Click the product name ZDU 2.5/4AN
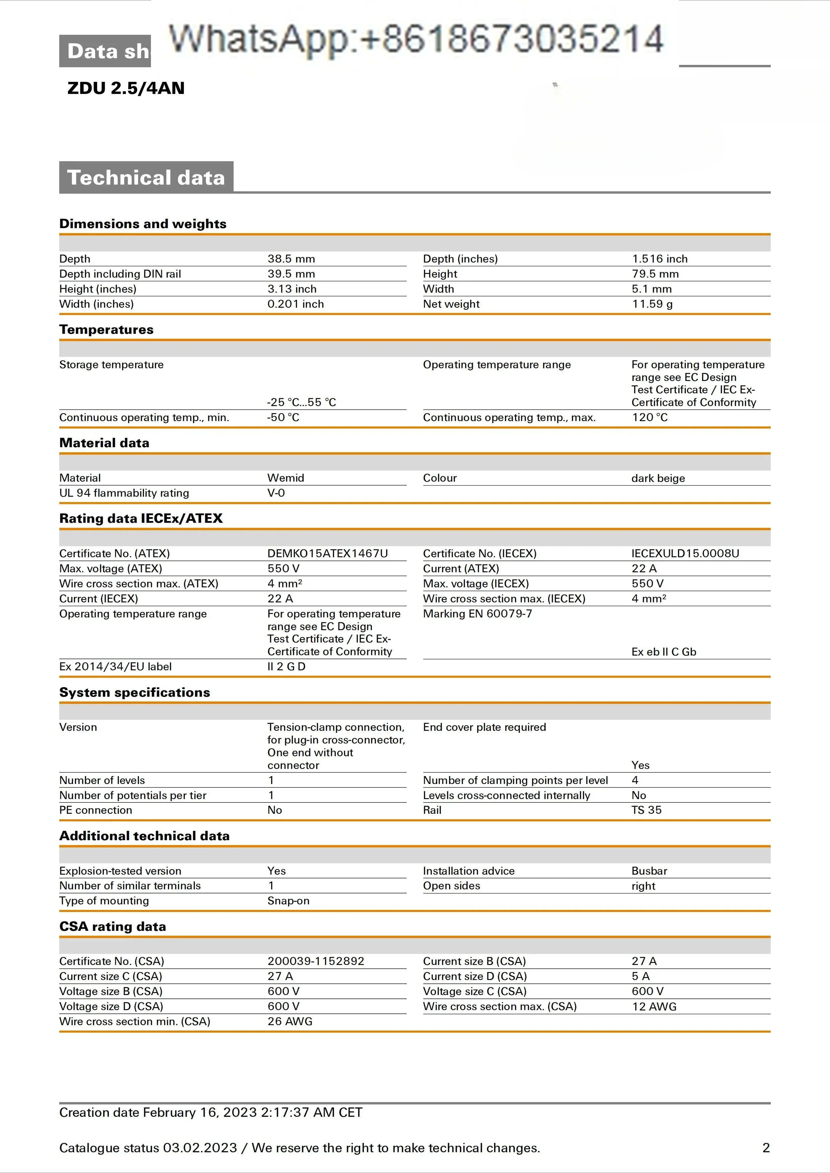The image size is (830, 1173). click(x=126, y=88)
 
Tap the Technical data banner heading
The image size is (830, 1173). click(x=146, y=177)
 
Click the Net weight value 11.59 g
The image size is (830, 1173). click(x=652, y=304)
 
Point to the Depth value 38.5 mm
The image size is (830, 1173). click(x=291, y=259)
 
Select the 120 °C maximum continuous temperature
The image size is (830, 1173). click(x=650, y=417)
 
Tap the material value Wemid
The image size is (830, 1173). click(x=286, y=478)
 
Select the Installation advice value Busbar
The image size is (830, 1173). click(x=649, y=871)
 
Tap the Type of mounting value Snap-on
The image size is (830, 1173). click(x=288, y=901)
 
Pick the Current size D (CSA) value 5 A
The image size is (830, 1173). click(x=640, y=976)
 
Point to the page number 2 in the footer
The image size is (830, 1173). click(x=766, y=1148)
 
